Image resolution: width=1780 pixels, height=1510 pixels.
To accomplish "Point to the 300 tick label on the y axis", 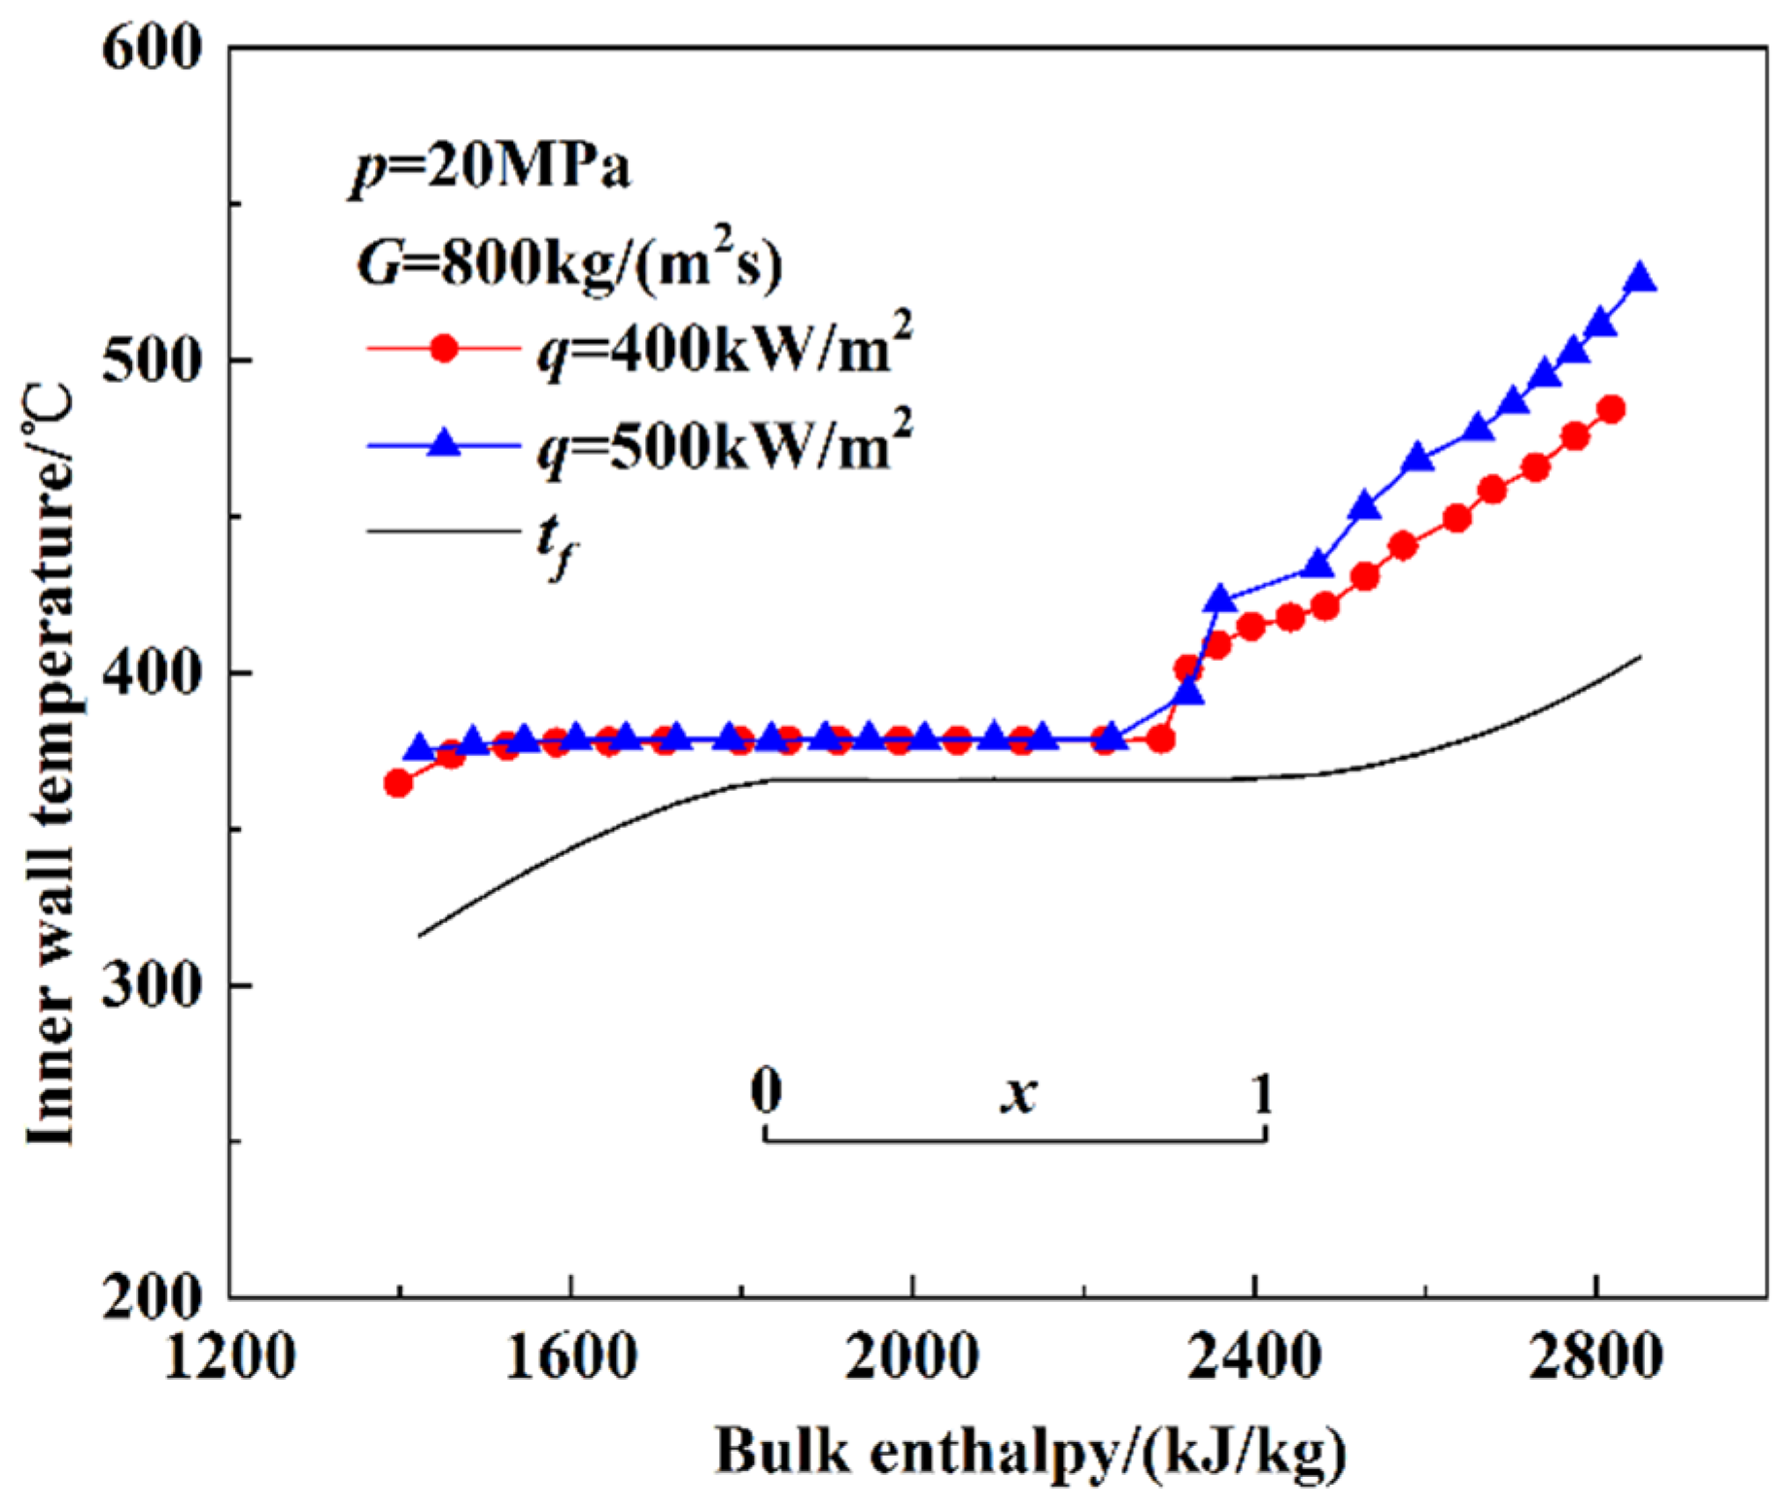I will click(152, 984).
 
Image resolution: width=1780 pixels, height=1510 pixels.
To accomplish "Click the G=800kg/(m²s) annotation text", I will click(569, 262).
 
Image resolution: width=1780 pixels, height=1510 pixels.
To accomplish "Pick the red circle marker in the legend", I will click(444, 348).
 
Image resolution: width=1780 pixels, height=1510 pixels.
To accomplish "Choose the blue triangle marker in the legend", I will click(444, 444).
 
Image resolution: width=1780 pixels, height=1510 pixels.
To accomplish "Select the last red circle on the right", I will click(1611, 409).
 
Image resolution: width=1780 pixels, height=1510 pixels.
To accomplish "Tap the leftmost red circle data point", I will click(397, 783).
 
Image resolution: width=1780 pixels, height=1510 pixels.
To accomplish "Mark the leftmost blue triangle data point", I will click(419, 748).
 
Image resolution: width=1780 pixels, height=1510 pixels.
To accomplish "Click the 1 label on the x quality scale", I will click(1261, 1094).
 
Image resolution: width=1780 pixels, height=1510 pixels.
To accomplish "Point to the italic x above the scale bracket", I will click(1018, 1095).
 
